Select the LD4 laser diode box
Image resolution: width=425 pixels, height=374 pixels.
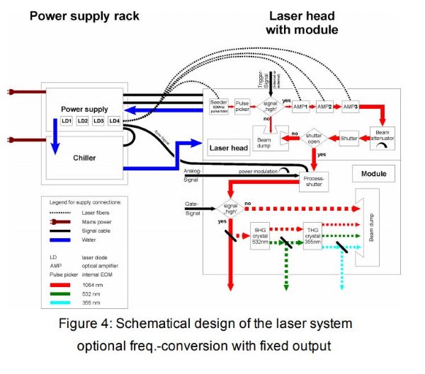pos(115,122)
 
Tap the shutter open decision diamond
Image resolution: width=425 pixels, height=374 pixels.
pos(312,139)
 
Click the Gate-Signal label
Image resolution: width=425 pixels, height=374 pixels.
pos(187,207)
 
